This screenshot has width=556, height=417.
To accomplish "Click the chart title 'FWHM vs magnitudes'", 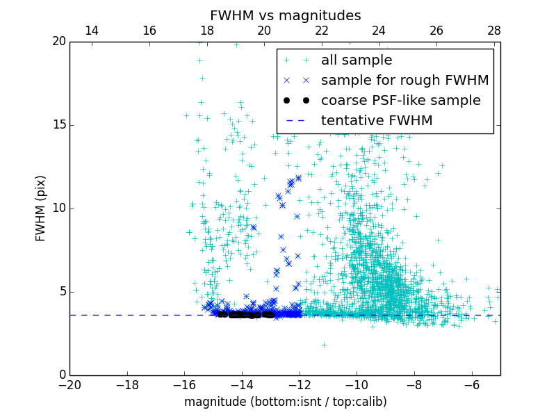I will point(285,15).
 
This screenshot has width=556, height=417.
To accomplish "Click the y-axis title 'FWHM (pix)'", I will point(41,208).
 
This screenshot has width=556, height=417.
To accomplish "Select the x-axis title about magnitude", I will point(285,402).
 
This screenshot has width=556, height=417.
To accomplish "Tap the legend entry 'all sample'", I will point(356,60).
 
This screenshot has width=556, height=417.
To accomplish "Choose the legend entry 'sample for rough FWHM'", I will point(404,81).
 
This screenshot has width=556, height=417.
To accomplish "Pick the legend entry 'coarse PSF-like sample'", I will point(400,101).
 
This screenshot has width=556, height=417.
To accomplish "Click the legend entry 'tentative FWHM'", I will point(376,121).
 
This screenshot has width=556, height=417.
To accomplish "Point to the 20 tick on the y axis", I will point(58,42).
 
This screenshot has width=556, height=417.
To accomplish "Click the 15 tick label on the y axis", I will point(58,125).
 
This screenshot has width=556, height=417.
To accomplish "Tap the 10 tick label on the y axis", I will point(58,208).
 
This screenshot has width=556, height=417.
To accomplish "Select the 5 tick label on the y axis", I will point(61,292).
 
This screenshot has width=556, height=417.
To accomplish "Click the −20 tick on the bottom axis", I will point(69,384).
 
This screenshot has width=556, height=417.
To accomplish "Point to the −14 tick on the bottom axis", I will point(242,384).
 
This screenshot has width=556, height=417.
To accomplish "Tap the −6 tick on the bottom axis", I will point(471,384).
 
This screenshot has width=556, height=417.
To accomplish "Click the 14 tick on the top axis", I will point(91,31).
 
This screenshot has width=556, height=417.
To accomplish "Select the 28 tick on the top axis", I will point(494,31).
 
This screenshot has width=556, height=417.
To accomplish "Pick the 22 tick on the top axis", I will point(322,31).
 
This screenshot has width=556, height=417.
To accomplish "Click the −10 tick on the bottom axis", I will point(357,384).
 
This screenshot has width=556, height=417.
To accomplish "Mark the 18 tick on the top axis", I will point(206,31).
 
